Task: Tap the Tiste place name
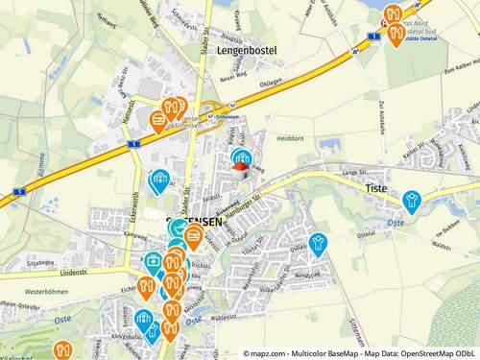coord(376,189)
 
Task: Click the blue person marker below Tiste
coord(412,200)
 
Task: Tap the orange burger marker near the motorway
coord(158,119)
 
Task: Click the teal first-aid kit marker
coord(153,261)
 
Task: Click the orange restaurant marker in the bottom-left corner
coord(63,350)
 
